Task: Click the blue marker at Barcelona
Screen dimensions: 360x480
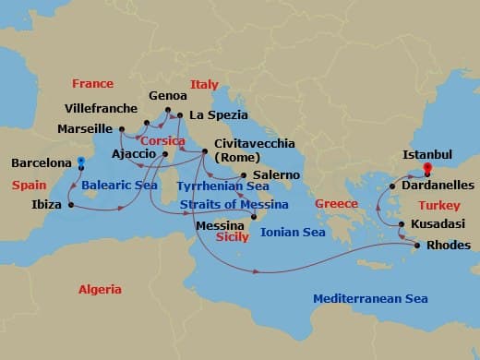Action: (x=81, y=162)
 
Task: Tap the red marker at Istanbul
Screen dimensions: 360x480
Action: (x=426, y=168)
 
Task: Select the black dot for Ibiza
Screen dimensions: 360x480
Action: (x=71, y=204)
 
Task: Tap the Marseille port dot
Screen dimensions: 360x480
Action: (x=122, y=129)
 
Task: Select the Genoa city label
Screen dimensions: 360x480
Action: (x=167, y=95)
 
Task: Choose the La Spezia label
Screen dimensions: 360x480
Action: (x=218, y=115)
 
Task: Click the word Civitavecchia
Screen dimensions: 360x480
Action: (x=254, y=144)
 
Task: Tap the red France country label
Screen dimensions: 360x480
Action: (x=92, y=83)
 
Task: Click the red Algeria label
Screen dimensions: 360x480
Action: (x=100, y=289)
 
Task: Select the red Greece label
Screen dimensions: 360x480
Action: (x=336, y=203)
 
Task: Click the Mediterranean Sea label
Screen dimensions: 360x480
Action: (x=370, y=298)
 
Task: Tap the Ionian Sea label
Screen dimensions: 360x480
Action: (x=293, y=233)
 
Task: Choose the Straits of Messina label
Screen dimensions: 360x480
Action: (x=234, y=204)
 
